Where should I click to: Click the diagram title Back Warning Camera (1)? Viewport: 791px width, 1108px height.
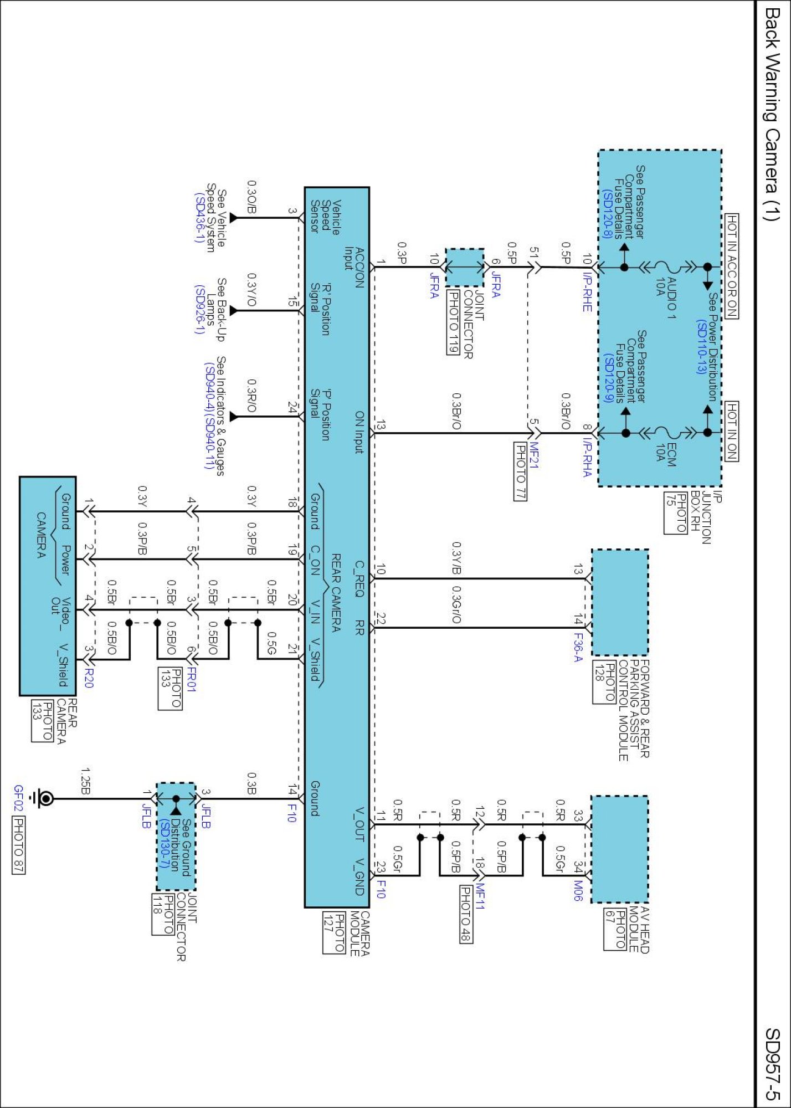(772, 114)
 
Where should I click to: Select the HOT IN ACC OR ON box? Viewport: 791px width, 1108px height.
(732, 266)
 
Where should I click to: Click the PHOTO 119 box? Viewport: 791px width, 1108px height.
(453, 322)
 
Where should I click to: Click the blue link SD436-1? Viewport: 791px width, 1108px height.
(199, 217)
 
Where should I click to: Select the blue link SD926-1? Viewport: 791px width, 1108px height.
(199, 310)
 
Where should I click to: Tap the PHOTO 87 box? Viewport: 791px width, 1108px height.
(18, 845)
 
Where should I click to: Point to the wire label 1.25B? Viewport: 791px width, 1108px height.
(86, 781)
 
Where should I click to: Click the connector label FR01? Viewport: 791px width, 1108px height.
(191, 679)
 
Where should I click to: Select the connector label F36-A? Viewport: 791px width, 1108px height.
(578, 648)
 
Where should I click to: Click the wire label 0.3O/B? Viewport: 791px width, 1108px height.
(251, 197)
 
